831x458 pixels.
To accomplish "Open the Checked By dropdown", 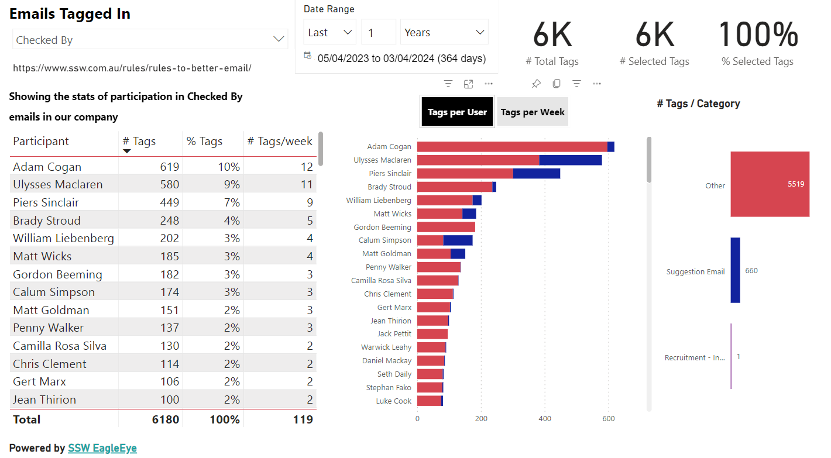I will click(150, 40).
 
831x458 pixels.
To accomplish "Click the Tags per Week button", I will click(532, 112).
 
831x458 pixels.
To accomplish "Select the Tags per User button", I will click(457, 112).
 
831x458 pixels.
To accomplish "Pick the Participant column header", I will click(41, 141).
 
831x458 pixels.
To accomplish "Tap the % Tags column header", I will click(204, 141).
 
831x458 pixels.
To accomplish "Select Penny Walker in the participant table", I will click(49, 328).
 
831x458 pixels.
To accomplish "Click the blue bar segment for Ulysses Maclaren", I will click(570, 160).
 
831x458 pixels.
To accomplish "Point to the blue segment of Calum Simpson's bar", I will click(458, 240).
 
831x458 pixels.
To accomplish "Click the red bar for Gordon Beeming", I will click(446, 227).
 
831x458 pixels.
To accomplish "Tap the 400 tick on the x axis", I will click(545, 419).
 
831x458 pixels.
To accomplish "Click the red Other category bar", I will click(770, 184).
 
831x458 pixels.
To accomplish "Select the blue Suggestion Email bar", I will click(735, 270).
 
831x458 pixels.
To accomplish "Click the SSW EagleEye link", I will click(102, 448).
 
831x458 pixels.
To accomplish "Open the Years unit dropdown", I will click(444, 32).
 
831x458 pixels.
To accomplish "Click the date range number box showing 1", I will click(379, 32).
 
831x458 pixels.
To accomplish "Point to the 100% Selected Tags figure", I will click(758, 35).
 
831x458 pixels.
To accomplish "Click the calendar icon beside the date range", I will click(308, 56).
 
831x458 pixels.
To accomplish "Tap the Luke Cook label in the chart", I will click(394, 401).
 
